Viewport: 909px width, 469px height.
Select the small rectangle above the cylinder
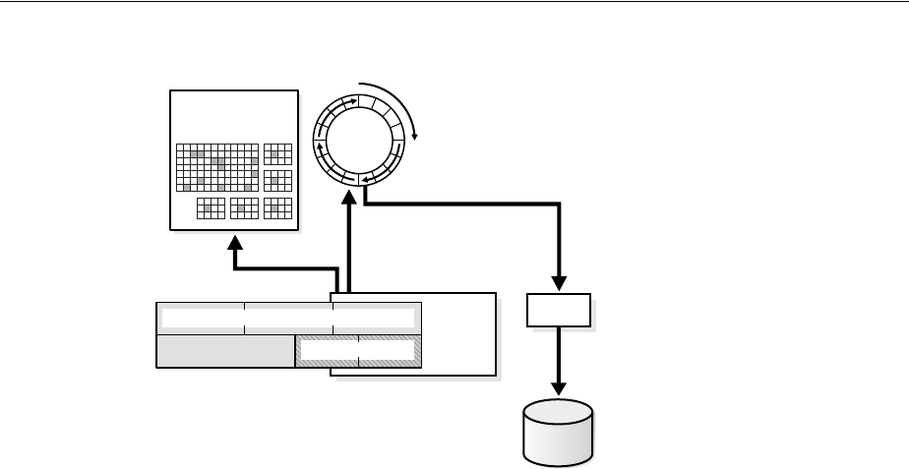560,311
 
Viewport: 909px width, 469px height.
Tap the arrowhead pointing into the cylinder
560,390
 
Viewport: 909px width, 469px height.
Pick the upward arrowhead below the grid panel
234,240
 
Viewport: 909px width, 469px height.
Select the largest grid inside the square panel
217,168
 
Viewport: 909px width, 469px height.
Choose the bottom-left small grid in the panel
211,207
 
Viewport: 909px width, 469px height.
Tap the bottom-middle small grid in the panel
243,207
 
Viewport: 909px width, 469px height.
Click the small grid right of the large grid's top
278,153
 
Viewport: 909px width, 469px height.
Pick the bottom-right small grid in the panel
278,207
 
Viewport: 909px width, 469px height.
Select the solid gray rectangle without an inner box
225,351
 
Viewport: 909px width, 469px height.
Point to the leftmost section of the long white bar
202,318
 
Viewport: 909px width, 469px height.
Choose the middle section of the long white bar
287,318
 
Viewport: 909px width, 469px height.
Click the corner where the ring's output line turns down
560,205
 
